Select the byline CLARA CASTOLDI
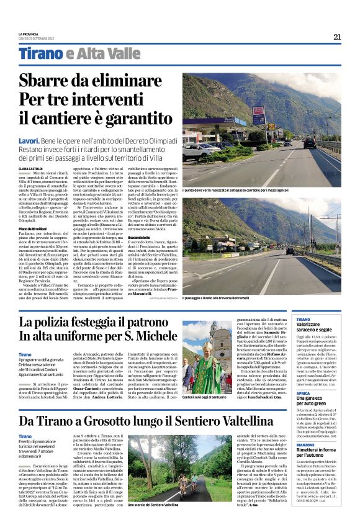point(30,168)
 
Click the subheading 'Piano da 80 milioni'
point(34,229)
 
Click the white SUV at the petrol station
point(200,150)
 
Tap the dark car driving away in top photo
point(309,142)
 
